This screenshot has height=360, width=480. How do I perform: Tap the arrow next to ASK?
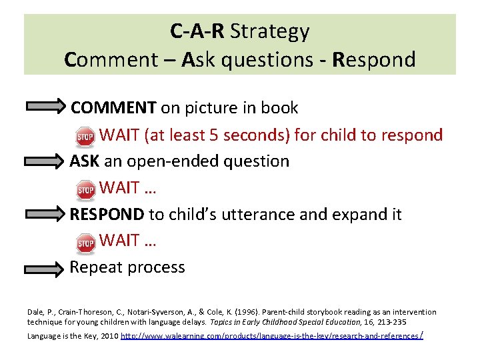click(45, 162)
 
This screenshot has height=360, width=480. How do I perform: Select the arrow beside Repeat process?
click(45, 269)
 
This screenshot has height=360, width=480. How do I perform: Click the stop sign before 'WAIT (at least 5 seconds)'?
click(85, 137)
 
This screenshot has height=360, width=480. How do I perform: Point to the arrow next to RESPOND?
click(45, 215)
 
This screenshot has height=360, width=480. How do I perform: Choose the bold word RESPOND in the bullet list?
click(107, 215)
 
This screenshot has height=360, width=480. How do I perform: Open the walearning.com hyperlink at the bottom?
click(271, 336)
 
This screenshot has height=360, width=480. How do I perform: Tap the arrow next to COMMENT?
click(45, 108)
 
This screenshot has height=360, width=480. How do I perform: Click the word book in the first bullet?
click(281, 107)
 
